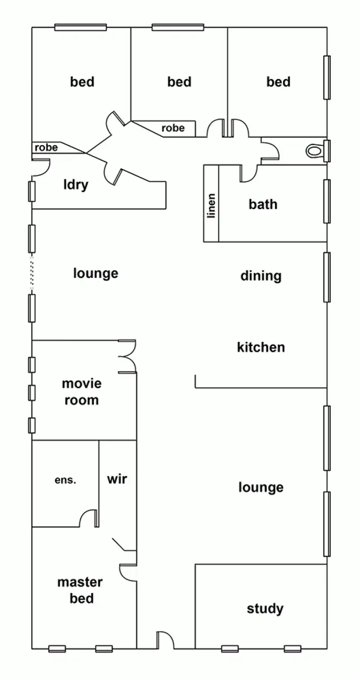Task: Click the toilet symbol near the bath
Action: pyautogui.click(x=314, y=151)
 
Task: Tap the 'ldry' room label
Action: pyautogui.click(x=76, y=184)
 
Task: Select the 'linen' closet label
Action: pyautogui.click(x=211, y=206)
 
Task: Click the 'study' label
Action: pyautogui.click(x=265, y=609)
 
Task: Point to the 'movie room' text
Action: pyautogui.click(x=82, y=392)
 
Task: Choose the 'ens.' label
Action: pyautogui.click(x=65, y=480)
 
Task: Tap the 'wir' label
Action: pyautogui.click(x=117, y=479)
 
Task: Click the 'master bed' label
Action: pyautogui.click(x=80, y=590)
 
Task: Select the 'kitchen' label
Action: pyautogui.click(x=261, y=347)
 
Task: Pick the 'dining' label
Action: pyautogui.click(x=261, y=276)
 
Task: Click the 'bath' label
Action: pyautogui.click(x=263, y=204)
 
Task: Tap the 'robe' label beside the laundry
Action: pyautogui.click(x=46, y=147)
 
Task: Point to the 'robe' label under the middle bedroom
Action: pyautogui.click(x=173, y=128)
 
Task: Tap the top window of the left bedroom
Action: pyautogui.click(x=80, y=27)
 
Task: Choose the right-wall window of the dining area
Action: pyautogui.click(x=327, y=277)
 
